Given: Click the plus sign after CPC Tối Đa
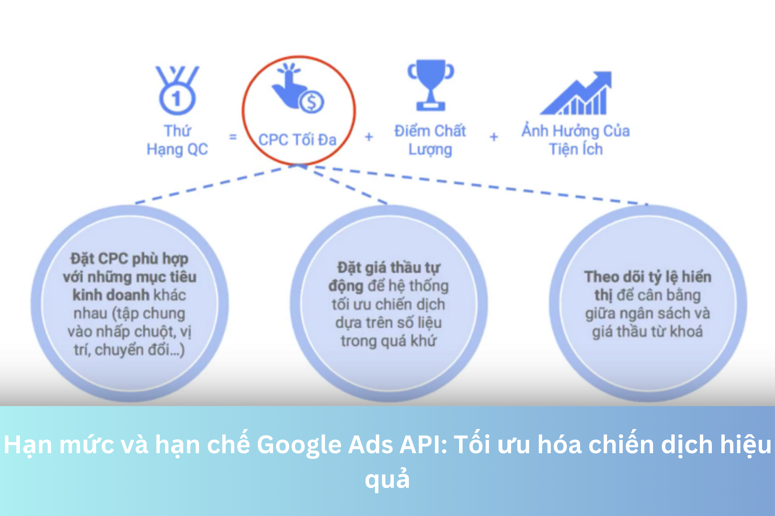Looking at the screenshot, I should pos(369,137).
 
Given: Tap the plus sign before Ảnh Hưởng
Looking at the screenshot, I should pos(494,137).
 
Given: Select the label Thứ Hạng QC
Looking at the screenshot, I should pos(177,140).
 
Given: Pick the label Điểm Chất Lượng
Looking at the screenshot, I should pos(430,140).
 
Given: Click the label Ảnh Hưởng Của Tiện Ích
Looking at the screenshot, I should pos(576,140).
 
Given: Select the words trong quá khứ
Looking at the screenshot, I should pos(389,341).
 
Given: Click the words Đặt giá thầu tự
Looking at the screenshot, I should pos(389,268).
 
